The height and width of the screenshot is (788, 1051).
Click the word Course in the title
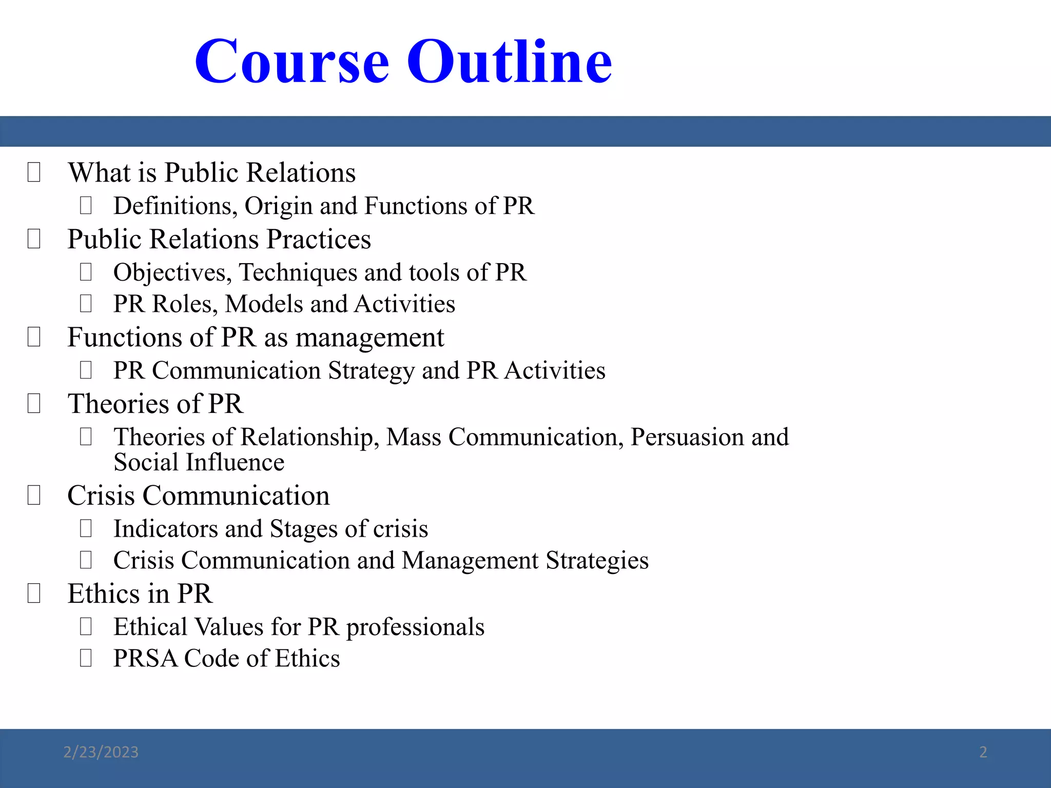pos(292,62)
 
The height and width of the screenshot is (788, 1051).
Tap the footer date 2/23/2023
pos(101,752)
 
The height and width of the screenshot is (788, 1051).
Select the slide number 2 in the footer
pos(983,752)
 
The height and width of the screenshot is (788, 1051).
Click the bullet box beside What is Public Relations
pos(34,172)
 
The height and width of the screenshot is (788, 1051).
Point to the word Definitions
pos(175,206)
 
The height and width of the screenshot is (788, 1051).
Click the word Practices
pos(318,240)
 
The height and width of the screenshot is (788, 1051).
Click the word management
pos(369,338)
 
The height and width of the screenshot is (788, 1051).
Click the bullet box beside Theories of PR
pos(34,404)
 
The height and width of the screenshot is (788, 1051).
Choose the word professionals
pos(415,627)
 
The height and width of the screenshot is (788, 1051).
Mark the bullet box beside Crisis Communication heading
pos(34,496)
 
